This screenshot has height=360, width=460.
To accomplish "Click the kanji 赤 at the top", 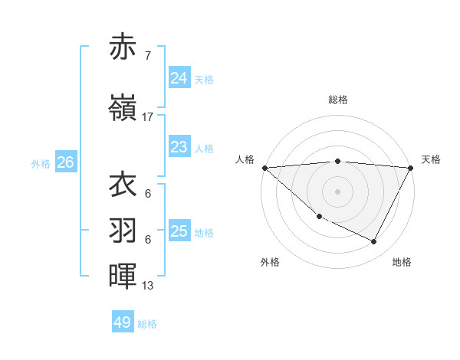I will (123, 47).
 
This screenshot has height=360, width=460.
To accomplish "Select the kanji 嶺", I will (123, 109).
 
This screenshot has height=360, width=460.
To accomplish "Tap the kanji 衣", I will (123, 185).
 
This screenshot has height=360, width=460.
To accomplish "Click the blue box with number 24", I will (179, 77).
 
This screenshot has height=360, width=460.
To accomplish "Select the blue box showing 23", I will (179, 147).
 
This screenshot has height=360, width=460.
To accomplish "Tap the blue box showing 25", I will (179, 231).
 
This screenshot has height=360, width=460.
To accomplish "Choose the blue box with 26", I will (65, 162).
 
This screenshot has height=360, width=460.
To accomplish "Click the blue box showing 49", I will (122, 322).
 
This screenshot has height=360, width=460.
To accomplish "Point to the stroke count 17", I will (148, 117).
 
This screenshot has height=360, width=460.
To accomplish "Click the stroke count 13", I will (148, 286).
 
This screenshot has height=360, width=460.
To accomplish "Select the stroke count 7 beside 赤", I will (147, 56).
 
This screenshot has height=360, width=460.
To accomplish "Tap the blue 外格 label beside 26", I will (41, 163).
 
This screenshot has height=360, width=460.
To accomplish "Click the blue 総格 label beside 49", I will (147, 324).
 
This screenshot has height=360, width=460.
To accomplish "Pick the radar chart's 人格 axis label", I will (245, 159).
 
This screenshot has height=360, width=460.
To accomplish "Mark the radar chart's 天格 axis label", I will (431, 159).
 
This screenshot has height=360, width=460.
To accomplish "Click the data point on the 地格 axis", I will (374, 242).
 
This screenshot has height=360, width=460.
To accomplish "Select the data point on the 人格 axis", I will (264, 168).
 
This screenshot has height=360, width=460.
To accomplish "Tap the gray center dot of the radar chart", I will (338, 191).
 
